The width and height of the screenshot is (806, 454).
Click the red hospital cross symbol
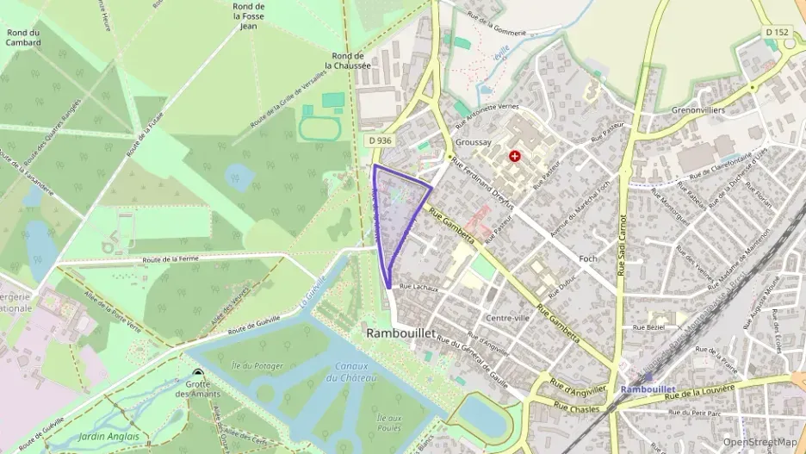[x=515, y=156]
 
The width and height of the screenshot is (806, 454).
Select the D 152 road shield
[x=777, y=33]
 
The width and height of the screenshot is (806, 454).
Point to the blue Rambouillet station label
[x=651, y=389]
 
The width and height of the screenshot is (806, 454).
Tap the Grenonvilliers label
[x=698, y=111]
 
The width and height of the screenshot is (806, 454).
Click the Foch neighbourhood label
[x=588, y=258]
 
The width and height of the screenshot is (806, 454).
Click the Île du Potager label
[x=257, y=366]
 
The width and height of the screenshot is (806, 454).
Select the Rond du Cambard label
[x=23, y=37]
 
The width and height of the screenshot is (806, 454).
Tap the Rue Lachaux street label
[x=419, y=286]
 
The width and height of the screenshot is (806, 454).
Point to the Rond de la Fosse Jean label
[x=249, y=16]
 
